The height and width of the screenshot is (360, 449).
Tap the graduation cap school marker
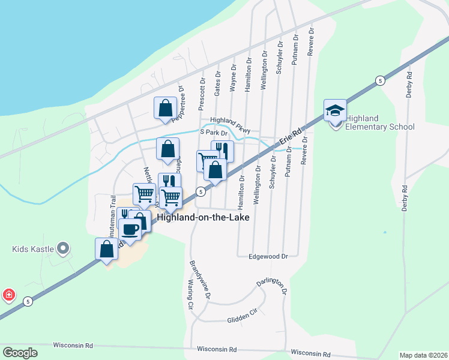335,110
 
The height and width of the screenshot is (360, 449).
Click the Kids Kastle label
34,248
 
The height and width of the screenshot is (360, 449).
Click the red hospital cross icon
9,295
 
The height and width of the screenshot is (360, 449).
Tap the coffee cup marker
130,229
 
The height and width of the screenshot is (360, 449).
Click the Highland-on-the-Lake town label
203,217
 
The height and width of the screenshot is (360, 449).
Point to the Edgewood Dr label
268,256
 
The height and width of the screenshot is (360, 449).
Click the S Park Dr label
214,132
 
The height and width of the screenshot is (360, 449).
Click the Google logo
20,353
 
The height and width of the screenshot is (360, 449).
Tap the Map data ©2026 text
424,355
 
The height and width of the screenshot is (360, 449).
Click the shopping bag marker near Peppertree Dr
165,109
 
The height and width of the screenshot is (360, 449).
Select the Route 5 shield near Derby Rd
379,80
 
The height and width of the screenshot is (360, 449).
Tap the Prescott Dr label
202,94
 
